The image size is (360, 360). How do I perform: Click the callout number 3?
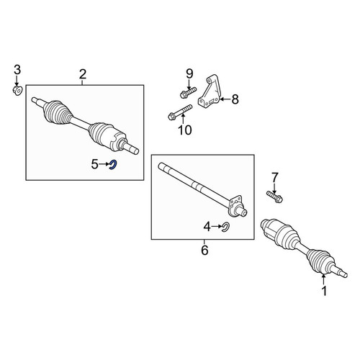coord(17,70)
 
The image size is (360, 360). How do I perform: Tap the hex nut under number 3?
coord(17,91)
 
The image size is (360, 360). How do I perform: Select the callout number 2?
coord(83,74)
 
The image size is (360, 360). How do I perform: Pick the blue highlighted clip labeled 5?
coord(113,165)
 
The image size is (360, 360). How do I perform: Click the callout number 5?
coord(95,164)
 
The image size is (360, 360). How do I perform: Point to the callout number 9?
coord(189,73)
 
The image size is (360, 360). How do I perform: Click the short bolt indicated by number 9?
coord(188,92)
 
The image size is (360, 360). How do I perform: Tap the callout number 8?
coord(235,99)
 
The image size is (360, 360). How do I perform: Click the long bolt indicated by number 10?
coord(180,112)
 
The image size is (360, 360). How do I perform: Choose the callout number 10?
coord(185,130)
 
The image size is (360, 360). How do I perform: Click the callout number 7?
coord(274,178)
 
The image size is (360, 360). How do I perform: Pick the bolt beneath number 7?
coord(274,197)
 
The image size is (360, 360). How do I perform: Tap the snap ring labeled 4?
coord(226,227)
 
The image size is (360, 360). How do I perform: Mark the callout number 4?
coord(207,226)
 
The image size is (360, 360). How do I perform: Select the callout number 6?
coord(204,251)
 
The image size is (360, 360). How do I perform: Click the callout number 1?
coord(324,291)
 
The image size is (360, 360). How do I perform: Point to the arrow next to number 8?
coord(225,99)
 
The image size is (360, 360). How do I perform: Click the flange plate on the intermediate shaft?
coord(235,204)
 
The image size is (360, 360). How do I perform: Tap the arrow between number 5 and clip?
coord(104,164)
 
